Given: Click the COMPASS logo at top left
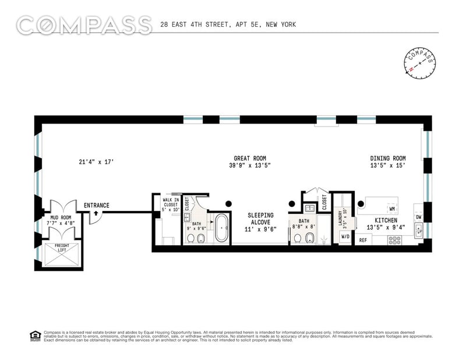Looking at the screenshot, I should point(84,25).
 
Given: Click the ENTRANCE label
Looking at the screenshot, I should point(96,205).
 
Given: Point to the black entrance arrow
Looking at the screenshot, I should point(96,213).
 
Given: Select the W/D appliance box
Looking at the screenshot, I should point(345,237).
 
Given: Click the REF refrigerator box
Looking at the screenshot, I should point(363,239).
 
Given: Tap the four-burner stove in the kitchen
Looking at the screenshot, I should point(394,239).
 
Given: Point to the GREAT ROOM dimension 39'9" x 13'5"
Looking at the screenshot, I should point(250,166).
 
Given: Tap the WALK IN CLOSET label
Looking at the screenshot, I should point(171,204).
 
